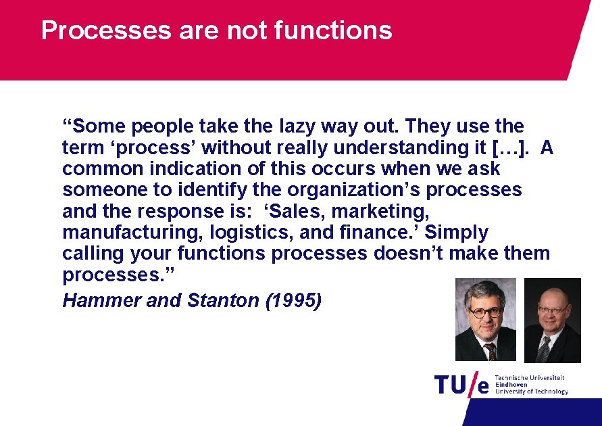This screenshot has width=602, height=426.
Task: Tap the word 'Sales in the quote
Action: click(287, 211)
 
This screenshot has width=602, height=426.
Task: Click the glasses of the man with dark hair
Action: click(485, 312)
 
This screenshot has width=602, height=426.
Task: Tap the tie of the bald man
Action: click(544, 349)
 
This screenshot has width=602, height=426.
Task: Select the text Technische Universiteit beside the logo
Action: click(530, 378)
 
